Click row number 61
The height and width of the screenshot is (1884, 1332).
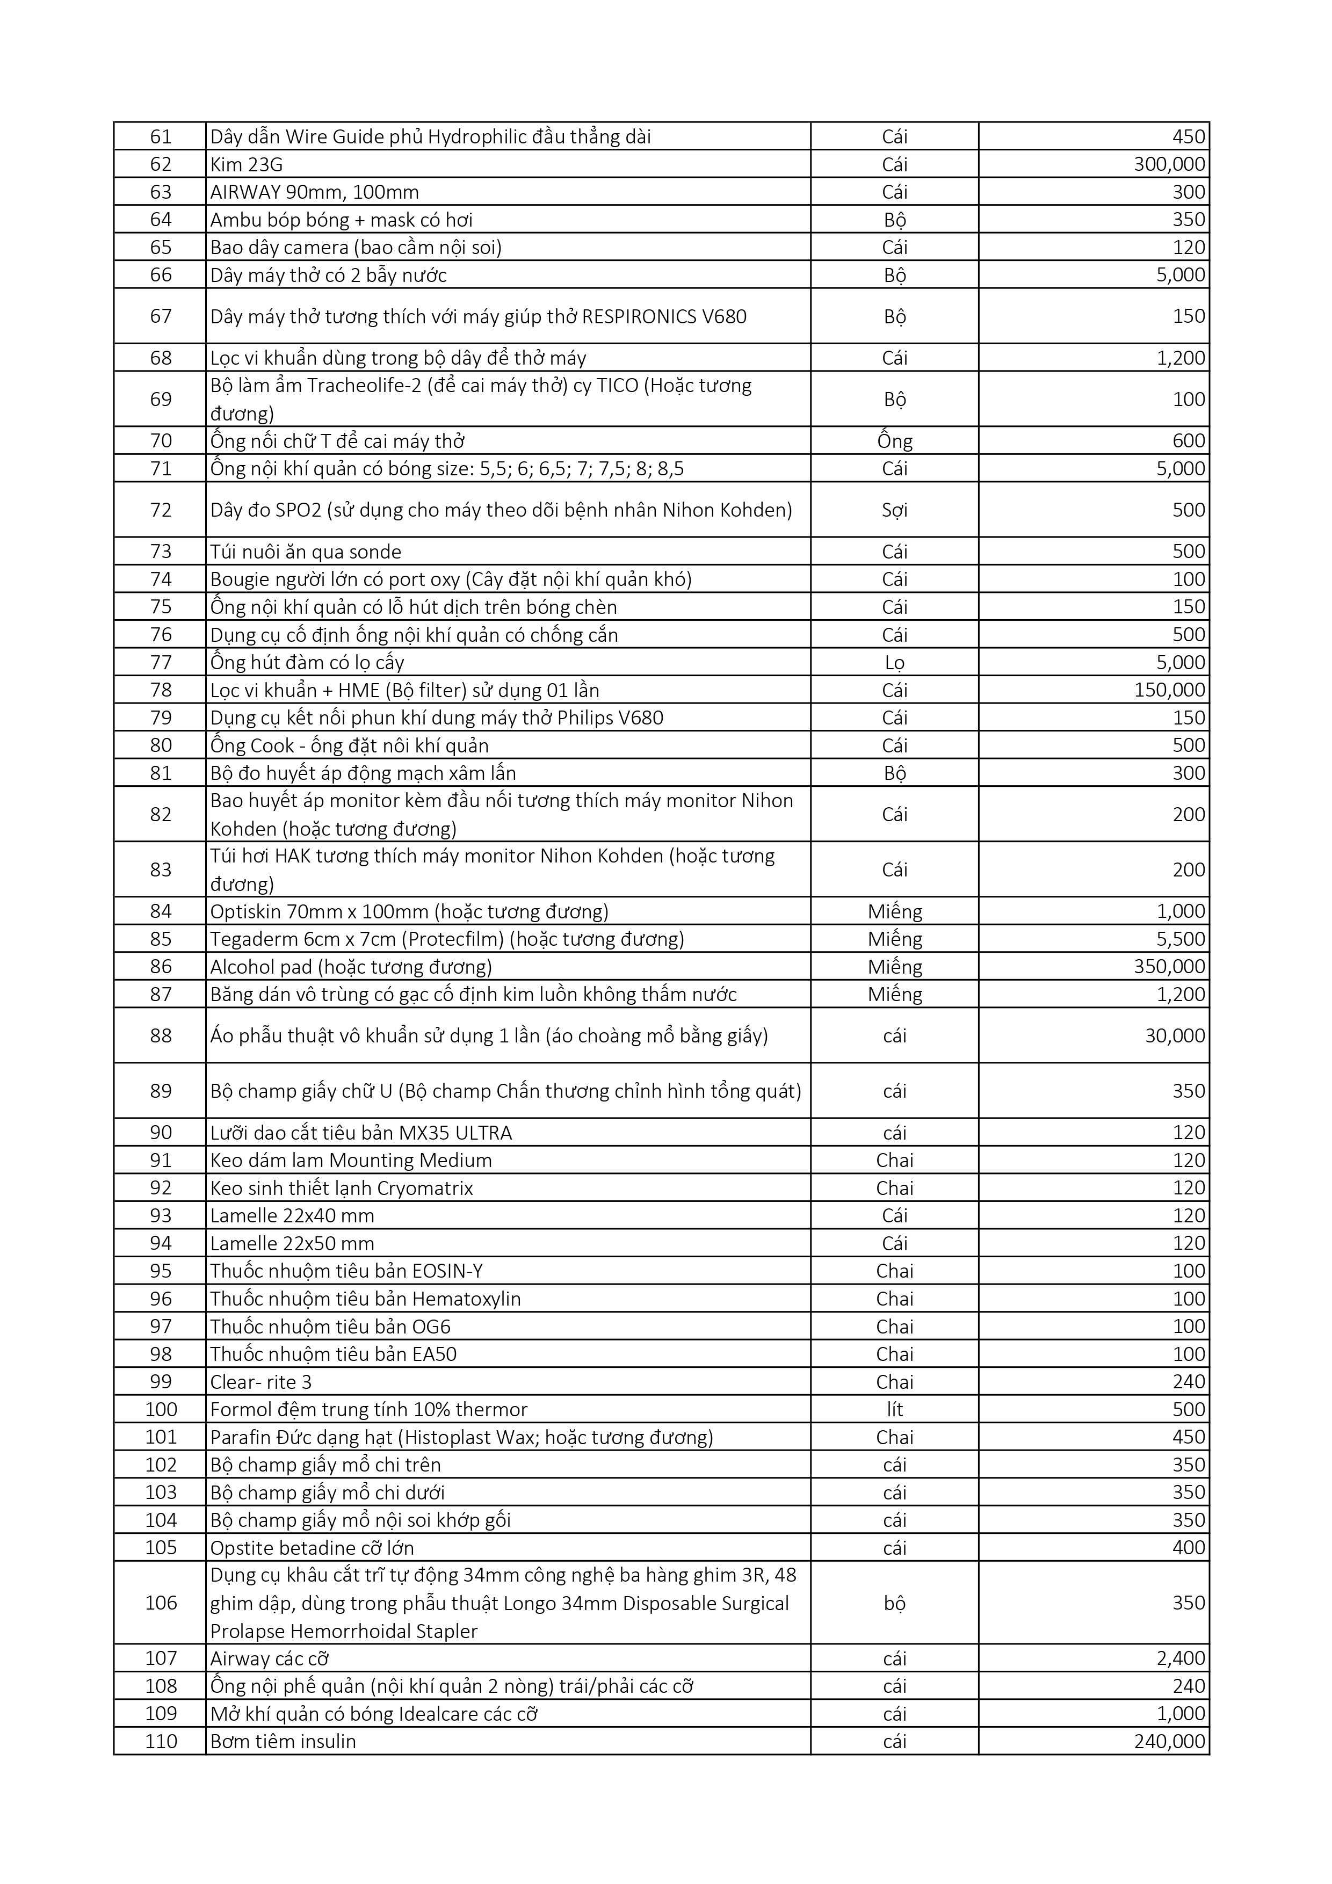click(161, 137)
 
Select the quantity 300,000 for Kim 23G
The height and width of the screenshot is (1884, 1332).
click(1169, 165)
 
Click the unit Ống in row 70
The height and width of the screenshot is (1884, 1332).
click(895, 441)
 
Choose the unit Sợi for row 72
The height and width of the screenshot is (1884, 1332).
click(895, 510)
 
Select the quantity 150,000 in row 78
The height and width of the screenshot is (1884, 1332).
click(1169, 690)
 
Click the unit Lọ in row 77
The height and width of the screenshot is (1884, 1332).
click(895, 663)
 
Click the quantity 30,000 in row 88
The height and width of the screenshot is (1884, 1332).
click(1175, 1037)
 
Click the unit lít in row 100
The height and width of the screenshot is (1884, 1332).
click(895, 1410)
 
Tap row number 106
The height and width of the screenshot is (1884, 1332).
click(161, 1603)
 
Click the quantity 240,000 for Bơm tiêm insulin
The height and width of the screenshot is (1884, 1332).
click(1169, 1741)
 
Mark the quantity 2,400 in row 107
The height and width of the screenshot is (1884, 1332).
click(1181, 1658)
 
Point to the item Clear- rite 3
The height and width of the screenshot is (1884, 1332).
click(261, 1382)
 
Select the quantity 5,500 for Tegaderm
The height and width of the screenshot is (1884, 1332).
click(1181, 939)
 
